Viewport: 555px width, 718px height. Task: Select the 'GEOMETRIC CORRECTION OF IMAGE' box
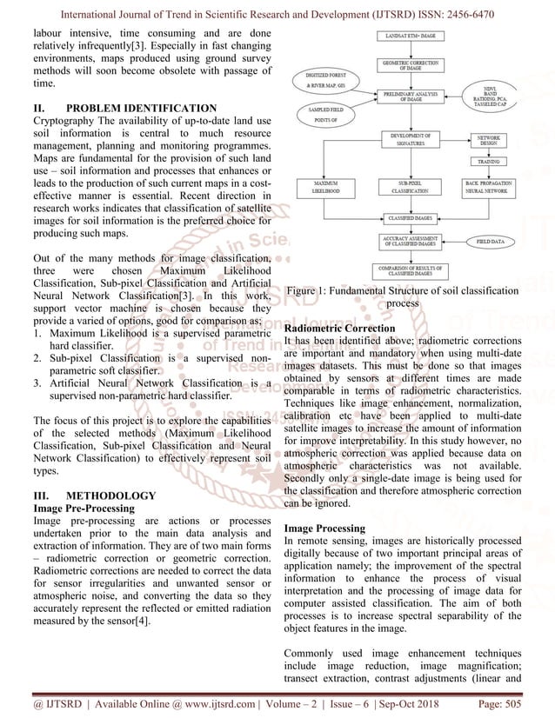411,64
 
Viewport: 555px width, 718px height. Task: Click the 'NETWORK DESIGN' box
490,143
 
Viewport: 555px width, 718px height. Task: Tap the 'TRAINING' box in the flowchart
490,162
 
